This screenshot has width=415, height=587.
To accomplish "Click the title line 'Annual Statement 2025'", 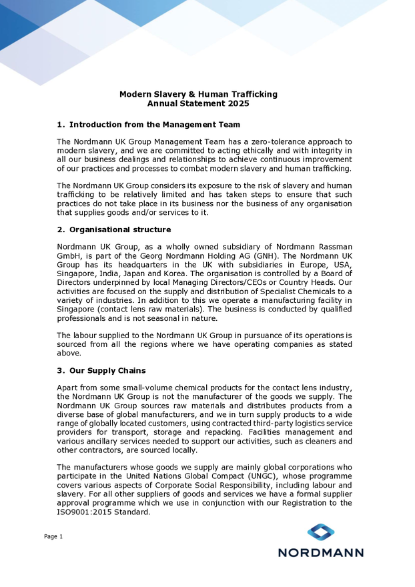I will coord(198,104).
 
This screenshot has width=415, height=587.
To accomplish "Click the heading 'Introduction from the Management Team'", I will coord(155,125).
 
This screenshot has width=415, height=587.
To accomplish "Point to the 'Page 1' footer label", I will coord(53,536).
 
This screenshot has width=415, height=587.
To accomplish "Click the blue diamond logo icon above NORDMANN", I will coord(321,532).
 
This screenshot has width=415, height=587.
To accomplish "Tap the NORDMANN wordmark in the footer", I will coord(321,552).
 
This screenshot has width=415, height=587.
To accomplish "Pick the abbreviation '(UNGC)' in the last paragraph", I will coord(262,476).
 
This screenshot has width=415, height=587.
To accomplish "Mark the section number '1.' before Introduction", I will coord(61,125).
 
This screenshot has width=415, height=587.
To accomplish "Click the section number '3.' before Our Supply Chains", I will coord(61,371).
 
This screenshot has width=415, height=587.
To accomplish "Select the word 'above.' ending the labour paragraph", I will coord(69,354).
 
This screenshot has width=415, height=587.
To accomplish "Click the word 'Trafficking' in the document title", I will coord(252,94).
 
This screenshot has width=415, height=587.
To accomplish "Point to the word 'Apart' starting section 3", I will coord(69,388).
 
